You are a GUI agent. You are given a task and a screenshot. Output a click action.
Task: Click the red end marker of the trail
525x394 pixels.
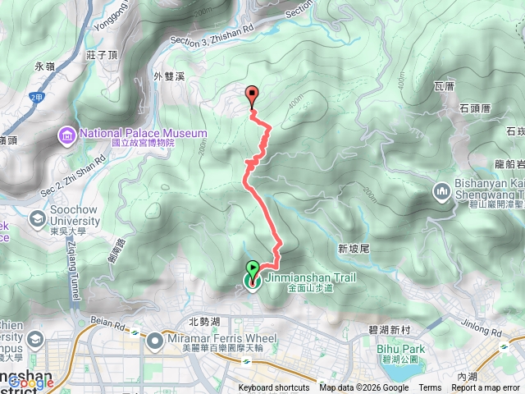click(252, 94)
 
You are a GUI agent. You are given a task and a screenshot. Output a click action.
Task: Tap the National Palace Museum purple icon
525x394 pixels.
click(66, 133)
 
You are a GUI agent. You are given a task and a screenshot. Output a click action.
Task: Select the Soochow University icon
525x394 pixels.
click(37, 219)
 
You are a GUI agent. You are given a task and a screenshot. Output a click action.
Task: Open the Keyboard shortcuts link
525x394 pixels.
click(274, 388)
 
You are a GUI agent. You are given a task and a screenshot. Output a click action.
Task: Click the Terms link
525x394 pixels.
click(430, 388)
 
